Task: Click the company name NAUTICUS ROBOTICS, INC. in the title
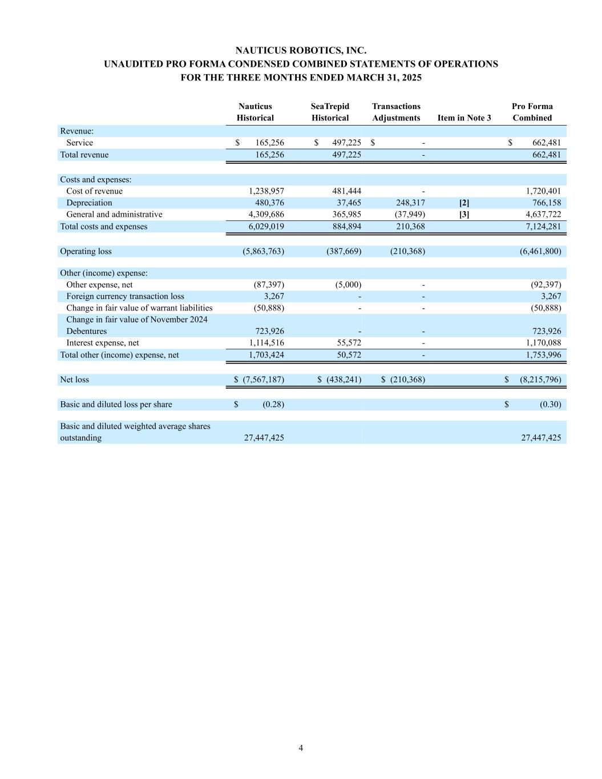(301, 51)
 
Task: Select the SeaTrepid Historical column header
(330, 112)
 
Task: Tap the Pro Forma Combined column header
(532, 112)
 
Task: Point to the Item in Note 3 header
(464, 118)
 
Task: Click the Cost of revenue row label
(94, 191)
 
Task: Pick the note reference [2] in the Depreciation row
(464, 203)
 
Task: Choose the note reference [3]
(464, 215)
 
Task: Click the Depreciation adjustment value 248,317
(410, 203)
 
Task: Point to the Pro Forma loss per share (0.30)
(550, 405)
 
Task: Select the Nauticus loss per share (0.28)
(273, 405)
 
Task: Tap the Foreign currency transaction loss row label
(125, 296)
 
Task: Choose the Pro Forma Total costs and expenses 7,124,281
(543, 227)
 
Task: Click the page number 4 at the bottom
(301, 748)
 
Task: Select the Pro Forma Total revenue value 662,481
(546, 155)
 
